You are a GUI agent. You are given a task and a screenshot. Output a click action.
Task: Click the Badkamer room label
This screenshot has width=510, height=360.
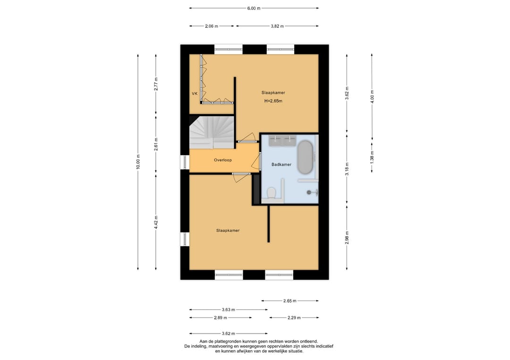pos(281,164)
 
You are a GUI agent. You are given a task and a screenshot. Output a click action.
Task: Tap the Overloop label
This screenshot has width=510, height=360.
pos(223,160)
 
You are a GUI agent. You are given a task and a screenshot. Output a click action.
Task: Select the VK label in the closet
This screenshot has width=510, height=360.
pos(195,93)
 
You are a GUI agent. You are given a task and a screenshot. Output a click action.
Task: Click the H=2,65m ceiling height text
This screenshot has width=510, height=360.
pos(273,100)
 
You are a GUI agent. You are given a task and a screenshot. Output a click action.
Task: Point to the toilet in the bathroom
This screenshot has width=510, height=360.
pos(271,193)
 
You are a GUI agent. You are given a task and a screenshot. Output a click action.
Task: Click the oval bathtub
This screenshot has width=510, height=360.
pos(305,157)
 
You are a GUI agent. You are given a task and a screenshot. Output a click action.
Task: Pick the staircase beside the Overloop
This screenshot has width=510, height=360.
pos(212,132)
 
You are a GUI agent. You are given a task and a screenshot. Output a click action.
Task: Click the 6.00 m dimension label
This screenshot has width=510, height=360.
pos(254,8)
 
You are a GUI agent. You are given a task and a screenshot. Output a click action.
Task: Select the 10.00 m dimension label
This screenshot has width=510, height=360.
pos(138,161)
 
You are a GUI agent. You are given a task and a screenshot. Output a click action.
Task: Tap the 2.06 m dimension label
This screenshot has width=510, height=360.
pos(212,26)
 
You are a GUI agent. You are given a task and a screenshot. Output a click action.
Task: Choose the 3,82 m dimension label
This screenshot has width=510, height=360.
pos(277,26)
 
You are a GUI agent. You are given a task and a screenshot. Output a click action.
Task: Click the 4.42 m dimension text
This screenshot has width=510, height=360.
pos(156,223)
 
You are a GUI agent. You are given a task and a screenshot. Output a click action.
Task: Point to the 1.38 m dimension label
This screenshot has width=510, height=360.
pos(372,157)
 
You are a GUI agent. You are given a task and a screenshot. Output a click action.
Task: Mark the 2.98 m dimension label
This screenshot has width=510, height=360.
pos(347,237)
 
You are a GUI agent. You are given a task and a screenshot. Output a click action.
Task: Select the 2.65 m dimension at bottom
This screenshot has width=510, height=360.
pos(289,301)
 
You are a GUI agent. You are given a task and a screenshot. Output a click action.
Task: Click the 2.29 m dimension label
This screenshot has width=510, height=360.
pos(294,318)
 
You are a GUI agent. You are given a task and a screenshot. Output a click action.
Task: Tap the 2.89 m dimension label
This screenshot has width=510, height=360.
pos(221,318)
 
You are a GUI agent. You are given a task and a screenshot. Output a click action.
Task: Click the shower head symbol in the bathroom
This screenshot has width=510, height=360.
pos(309,193)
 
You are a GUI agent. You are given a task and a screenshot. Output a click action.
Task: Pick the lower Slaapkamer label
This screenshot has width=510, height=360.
pos(228,230)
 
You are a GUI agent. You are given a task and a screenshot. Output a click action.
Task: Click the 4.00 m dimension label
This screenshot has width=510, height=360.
pos(372,97)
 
